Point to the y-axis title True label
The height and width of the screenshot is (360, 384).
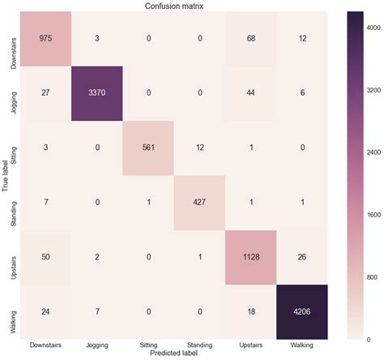click(6, 175)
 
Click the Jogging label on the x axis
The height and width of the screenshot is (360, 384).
click(98, 345)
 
